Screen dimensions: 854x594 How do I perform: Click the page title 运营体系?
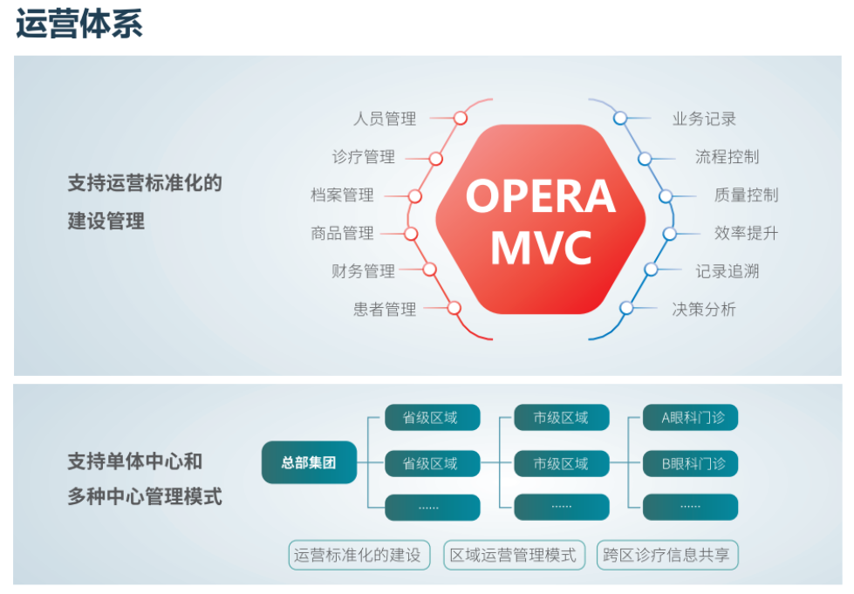(x=79, y=24)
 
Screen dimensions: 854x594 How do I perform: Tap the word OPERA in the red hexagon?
(x=540, y=196)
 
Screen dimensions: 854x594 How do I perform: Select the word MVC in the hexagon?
(x=541, y=248)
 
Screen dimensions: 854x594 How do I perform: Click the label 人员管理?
(x=385, y=118)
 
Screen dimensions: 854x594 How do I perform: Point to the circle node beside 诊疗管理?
(x=435, y=159)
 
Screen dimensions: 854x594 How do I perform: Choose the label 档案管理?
(x=342, y=195)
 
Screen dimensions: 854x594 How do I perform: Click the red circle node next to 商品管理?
(x=411, y=234)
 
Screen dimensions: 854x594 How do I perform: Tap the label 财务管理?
(x=363, y=270)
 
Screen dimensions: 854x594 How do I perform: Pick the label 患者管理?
(x=385, y=310)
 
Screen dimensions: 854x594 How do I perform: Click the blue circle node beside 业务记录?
(x=620, y=118)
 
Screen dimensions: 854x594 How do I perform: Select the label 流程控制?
(x=728, y=157)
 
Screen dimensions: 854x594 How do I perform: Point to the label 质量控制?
(x=746, y=195)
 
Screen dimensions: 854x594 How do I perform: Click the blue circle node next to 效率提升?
(x=669, y=234)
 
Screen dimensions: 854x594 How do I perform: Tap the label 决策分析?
(x=704, y=310)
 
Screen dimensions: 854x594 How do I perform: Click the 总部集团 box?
(x=309, y=462)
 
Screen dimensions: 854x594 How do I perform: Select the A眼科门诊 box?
(x=691, y=418)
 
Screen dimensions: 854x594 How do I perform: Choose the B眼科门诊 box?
(x=691, y=463)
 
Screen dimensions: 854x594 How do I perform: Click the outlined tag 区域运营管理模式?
(x=514, y=555)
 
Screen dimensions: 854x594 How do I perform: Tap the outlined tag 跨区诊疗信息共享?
(x=667, y=555)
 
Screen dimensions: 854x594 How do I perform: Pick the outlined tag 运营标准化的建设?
(x=359, y=555)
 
